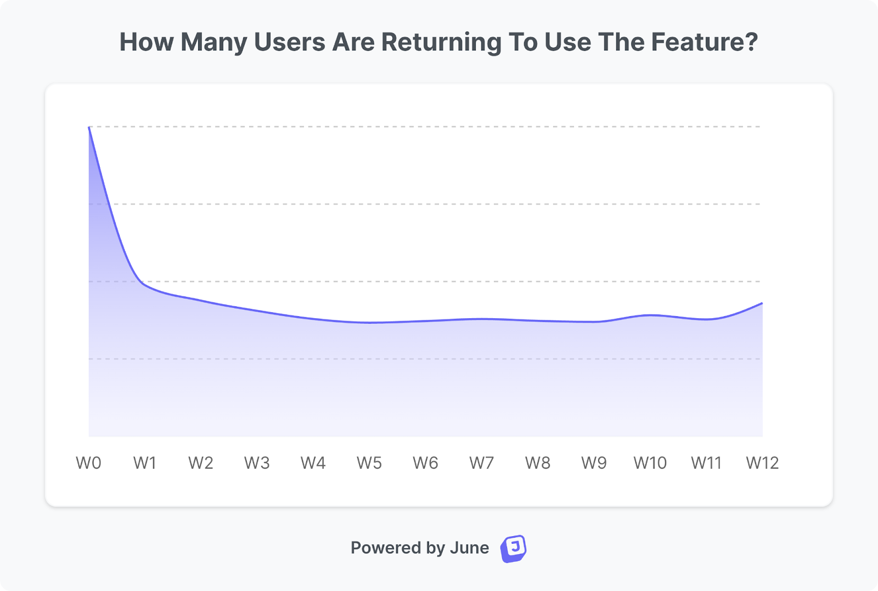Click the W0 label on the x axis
click(x=88, y=463)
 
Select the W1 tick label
click(x=145, y=463)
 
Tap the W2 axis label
click(x=201, y=463)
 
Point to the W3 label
click(x=257, y=463)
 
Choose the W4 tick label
click(x=313, y=463)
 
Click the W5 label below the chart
click(x=369, y=463)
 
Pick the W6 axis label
click(x=425, y=463)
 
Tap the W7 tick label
click(x=481, y=463)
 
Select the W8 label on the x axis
click(x=538, y=463)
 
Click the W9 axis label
click(x=594, y=463)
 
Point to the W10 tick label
click(x=650, y=463)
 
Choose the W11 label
click(x=706, y=463)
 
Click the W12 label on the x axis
click(x=762, y=463)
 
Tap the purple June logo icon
click(x=513, y=548)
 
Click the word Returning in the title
click(x=441, y=42)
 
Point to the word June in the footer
click(x=469, y=548)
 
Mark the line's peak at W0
click(x=89, y=127)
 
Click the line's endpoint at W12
click(x=762, y=303)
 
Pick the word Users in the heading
click(x=290, y=42)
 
